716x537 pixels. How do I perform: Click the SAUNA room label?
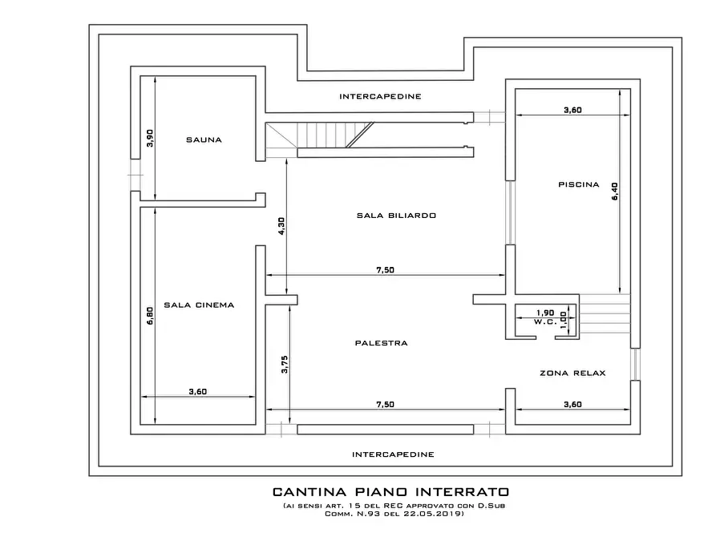[204, 139]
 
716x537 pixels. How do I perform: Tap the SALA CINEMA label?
[198, 305]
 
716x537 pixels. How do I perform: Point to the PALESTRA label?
[381, 343]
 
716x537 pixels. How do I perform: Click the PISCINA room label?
[578, 184]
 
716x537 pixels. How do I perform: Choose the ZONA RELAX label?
[572, 373]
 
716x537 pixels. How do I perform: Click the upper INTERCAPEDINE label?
[380, 96]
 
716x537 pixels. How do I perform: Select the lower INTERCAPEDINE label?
[393, 454]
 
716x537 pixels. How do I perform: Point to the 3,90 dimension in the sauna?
[150, 138]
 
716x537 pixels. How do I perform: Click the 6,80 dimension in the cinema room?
[150, 316]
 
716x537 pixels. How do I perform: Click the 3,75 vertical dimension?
[284, 365]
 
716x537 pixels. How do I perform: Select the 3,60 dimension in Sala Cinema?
[198, 391]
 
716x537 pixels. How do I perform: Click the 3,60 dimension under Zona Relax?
[572, 404]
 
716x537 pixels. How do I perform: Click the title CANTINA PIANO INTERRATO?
[390, 491]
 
